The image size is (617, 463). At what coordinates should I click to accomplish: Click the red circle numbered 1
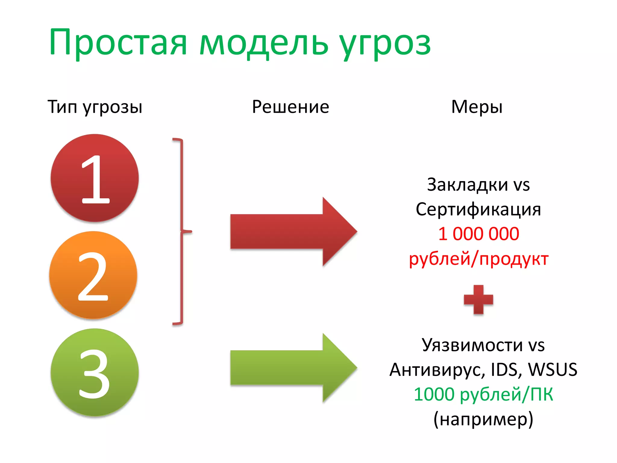(x=95, y=178)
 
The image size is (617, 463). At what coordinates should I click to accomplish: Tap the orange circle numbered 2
(x=93, y=275)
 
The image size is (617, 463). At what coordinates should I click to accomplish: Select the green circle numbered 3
(x=95, y=372)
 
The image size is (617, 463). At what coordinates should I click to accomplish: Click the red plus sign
(x=478, y=300)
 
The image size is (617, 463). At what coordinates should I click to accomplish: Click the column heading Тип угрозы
(x=95, y=107)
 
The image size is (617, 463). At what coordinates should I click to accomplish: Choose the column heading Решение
(x=290, y=107)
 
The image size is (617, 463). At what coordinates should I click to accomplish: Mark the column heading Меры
(x=477, y=107)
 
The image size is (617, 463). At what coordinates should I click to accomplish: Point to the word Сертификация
(x=478, y=209)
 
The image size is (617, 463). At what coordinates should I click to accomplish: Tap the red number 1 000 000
(x=478, y=234)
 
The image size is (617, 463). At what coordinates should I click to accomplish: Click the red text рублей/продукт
(x=478, y=259)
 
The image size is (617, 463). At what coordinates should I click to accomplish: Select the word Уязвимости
(x=472, y=345)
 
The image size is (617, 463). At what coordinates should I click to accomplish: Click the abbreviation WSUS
(x=553, y=370)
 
